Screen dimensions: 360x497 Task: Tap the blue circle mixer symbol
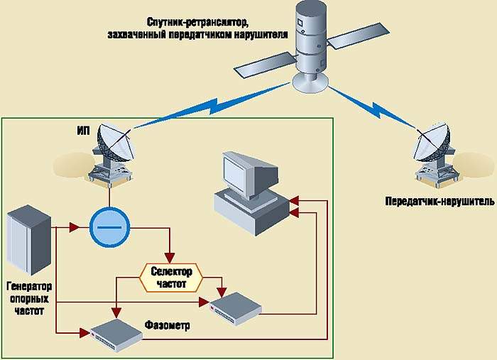click(109, 228)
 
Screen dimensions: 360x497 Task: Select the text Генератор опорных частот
click(30, 299)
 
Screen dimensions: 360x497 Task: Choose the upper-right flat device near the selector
click(236, 303)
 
